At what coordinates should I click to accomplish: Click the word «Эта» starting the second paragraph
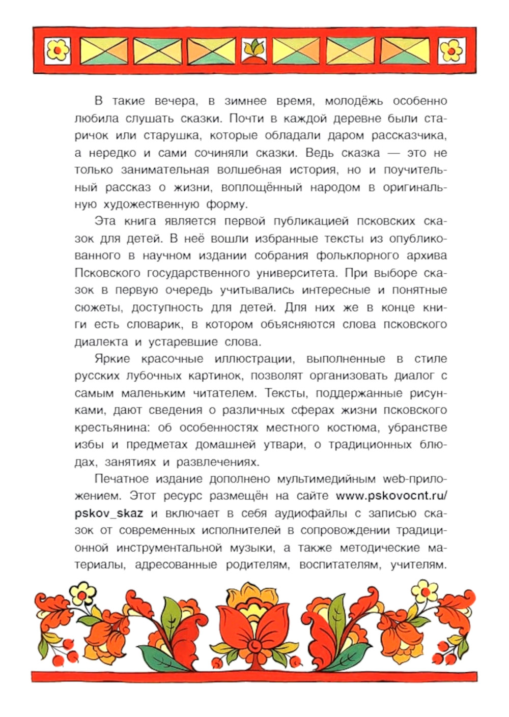coord(105,221)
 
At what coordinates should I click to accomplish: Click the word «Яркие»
coord(112,359)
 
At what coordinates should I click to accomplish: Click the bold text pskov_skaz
coord(108,513)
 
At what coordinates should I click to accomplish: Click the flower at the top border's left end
coord(58,50)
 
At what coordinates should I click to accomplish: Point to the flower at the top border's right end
coord(451,50)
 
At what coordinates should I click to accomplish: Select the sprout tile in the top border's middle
coord(254,50)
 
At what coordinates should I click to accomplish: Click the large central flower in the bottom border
coord(254,628)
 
